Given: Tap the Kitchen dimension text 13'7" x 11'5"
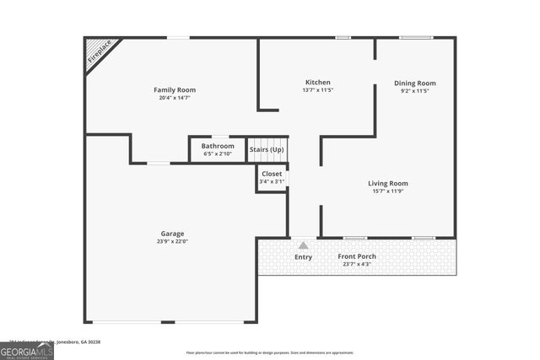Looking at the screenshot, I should [317, 90].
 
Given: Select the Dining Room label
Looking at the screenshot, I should [415, 83].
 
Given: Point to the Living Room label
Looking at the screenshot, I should [387, 183].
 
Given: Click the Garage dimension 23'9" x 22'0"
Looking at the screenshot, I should [173, 242].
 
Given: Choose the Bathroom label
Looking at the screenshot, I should [218, 146].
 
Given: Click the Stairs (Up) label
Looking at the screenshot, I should [267, 150].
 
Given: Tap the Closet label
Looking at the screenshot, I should [272, 174].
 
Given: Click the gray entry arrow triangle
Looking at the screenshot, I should [303, 245].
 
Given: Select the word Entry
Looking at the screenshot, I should [303, 257].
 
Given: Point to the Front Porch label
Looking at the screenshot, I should [357, 256].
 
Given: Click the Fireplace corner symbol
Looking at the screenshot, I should [99, 54].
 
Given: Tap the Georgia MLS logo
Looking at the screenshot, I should [27, 349].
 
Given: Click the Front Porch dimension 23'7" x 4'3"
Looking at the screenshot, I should [357, 265].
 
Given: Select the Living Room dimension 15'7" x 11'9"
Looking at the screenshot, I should [387, 191].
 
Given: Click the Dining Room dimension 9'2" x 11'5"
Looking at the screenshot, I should [415, 91].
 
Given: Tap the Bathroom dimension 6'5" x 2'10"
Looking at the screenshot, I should [218, 154].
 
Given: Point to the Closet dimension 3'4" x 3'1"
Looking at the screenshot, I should [272, 181].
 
